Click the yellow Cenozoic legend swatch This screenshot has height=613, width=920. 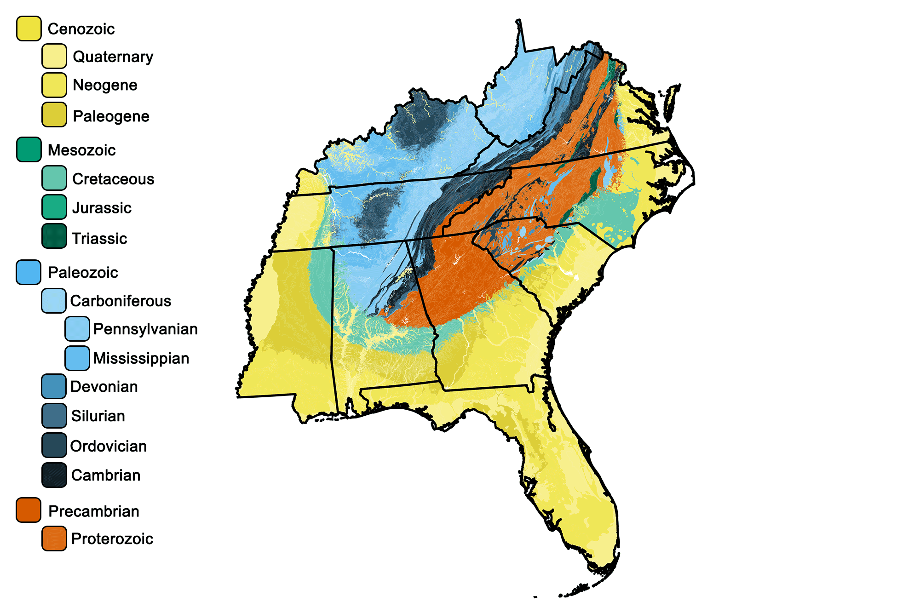[29, 29]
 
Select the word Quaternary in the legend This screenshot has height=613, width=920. [113, 57]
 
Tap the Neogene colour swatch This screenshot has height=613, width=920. [54, 85]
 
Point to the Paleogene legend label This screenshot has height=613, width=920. [111, 116]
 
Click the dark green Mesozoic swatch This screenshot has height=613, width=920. [29, 149]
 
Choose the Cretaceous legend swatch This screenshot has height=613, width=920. [54, 178]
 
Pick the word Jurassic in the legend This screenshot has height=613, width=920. [102, 208]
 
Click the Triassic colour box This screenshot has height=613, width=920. [54, 236]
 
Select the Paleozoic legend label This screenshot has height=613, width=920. [83, 272]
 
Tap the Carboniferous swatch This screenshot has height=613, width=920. [54, 301]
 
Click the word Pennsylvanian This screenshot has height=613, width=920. [145, 329]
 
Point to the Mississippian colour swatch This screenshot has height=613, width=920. [77, 358]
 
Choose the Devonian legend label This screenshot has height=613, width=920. [104, 387]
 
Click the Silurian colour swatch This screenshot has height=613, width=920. [54, 415]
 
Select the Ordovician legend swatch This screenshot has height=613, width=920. [54, 445]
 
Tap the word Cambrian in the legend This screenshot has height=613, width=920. [106, 475]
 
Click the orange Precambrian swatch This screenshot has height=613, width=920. [29, 510]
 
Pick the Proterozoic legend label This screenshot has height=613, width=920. [112, 539]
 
